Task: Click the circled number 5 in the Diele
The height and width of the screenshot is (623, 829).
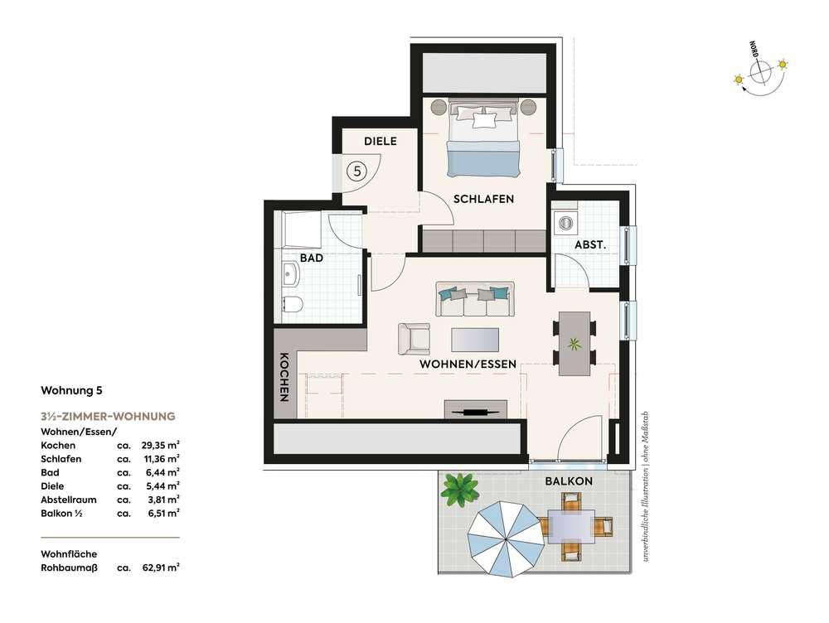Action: [x=357, y=171]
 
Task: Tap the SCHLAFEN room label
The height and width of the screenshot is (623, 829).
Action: [x=484, y=199]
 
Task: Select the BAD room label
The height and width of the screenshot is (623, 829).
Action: [x=312, y=258]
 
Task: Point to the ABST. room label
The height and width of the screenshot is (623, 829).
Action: [x=590, y=245]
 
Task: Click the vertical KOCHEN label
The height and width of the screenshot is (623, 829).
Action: [x=284, y=377]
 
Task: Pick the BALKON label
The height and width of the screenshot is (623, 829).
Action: [x=569, y=481]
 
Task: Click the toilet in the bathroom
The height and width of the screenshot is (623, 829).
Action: [x=292, y=305]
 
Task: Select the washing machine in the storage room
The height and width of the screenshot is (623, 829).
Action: [x=565, y=223]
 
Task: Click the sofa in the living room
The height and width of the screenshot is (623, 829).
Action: [x=475, y=299]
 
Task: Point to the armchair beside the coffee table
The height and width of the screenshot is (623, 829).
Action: [x=414, y=339]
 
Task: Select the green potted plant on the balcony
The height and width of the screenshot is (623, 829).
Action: [x=461, y=489]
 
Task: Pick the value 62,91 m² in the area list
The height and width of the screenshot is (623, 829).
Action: [x=161, y=567]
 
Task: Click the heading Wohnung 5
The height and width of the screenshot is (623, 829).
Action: [x=71, y=390]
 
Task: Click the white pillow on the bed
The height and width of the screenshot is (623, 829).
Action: [x=485, y=120]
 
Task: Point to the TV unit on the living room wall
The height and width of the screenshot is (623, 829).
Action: [x=476, y=410]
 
